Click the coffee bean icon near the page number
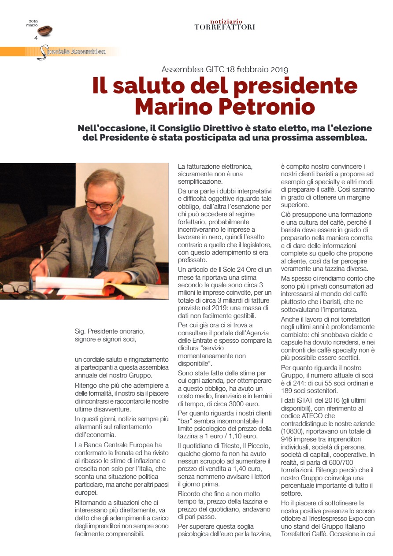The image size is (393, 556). click(x=45, y=31)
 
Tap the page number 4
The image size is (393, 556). click(x=36, y=38)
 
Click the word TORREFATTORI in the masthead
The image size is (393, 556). click(x=225, y=27)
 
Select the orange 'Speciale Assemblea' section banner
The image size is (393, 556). click(x=59, y=52)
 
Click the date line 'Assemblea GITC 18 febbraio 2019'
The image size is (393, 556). click(x=225, y=69)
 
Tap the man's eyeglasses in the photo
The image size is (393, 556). click(x=102, y=204)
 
